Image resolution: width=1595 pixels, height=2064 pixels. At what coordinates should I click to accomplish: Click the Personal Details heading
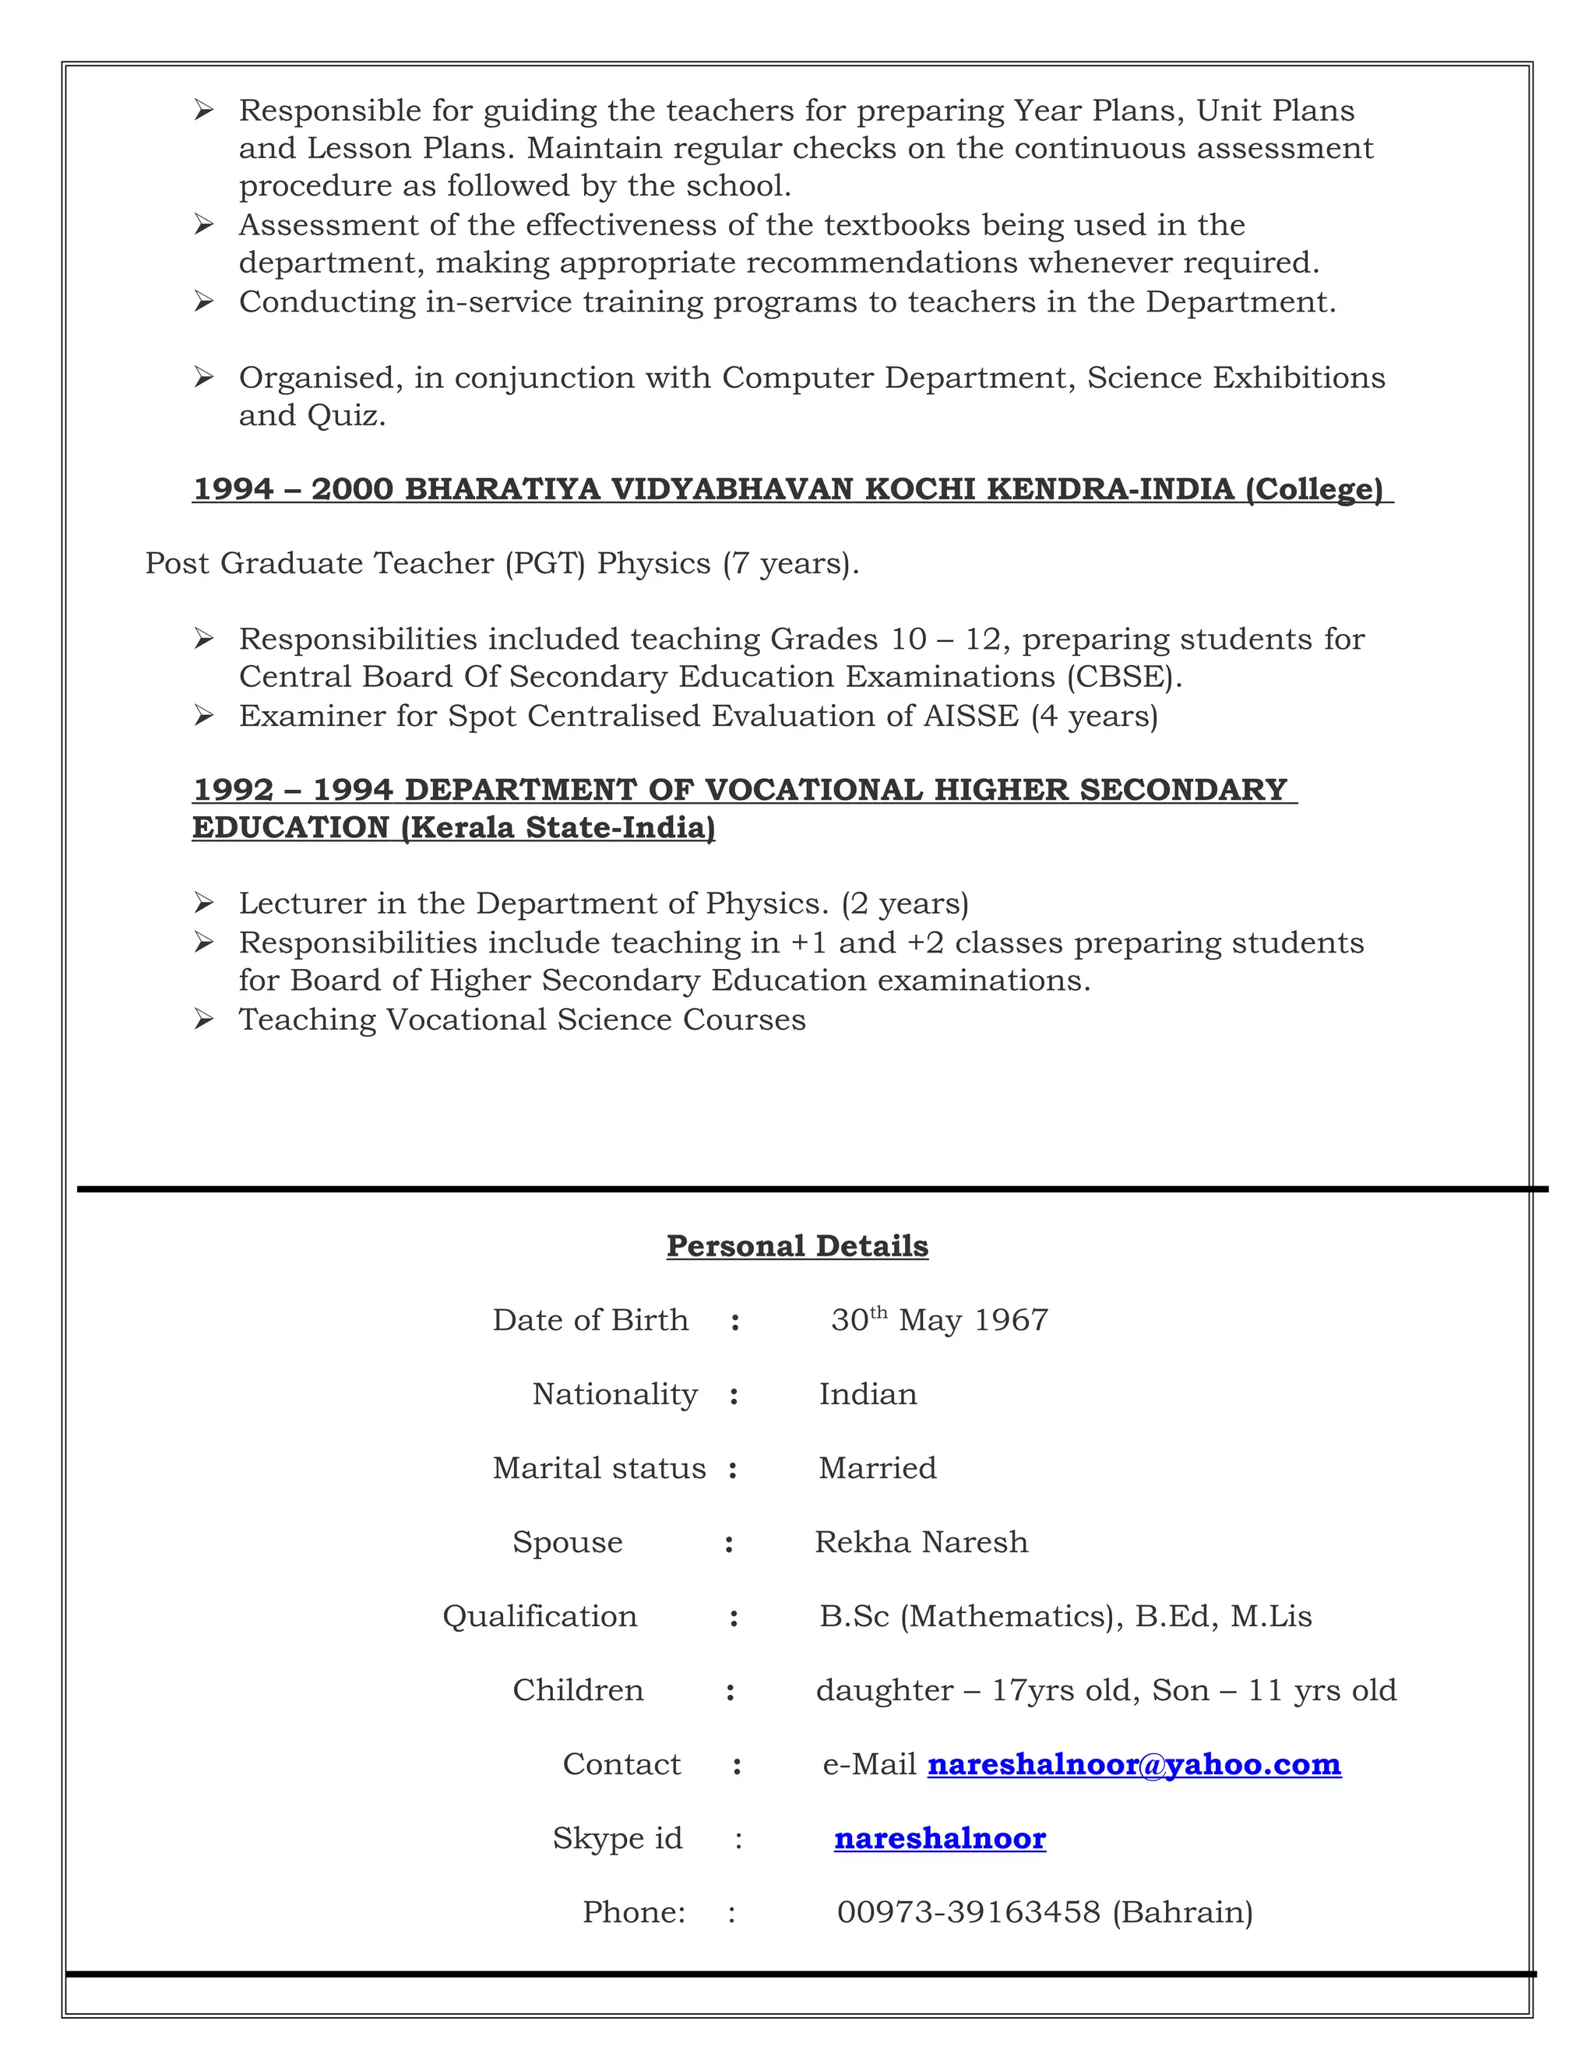point(797,1245)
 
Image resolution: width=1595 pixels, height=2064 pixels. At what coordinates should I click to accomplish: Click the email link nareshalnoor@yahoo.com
point(1134,1764)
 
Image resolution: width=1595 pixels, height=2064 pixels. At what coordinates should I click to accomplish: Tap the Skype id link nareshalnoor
point(939,1838)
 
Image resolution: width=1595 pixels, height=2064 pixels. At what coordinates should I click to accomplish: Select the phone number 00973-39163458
point(969,1912)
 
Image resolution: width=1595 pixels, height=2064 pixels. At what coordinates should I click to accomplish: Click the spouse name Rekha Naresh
point(921,1542)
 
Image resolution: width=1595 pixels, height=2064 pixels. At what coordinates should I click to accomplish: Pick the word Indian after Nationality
point(868,1394)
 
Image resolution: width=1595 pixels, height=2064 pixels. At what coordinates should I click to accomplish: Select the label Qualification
point(540,1616)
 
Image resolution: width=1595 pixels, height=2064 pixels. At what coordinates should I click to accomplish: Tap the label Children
point(577,1690)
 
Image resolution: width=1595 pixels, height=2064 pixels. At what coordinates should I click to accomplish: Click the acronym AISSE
point(970,717)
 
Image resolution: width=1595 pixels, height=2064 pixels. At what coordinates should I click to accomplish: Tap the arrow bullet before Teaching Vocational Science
point(203,1020)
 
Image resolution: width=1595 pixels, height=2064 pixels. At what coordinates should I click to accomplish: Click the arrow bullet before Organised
point(203,378)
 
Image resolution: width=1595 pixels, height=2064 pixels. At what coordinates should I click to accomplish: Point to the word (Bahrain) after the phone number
point(1182,1912)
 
